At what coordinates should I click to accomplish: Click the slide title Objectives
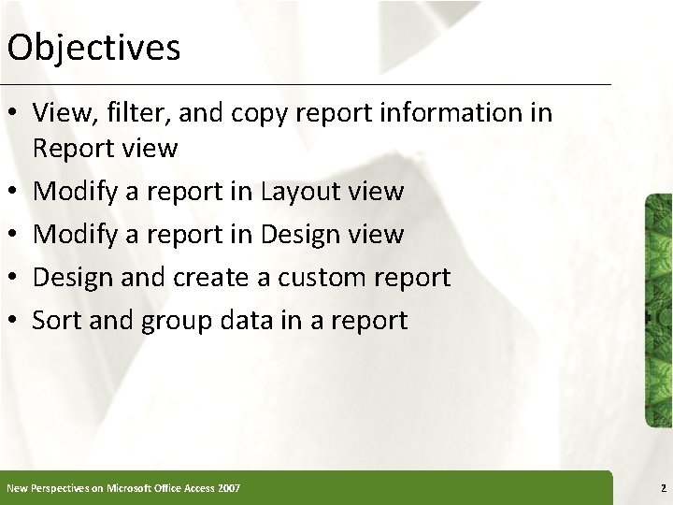[93, 48]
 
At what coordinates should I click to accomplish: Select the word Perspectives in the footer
[57, 488]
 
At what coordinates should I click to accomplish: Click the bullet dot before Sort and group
[14, 322]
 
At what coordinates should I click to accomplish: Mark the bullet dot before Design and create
[14, 279]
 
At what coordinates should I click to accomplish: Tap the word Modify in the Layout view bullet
[76, 192]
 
